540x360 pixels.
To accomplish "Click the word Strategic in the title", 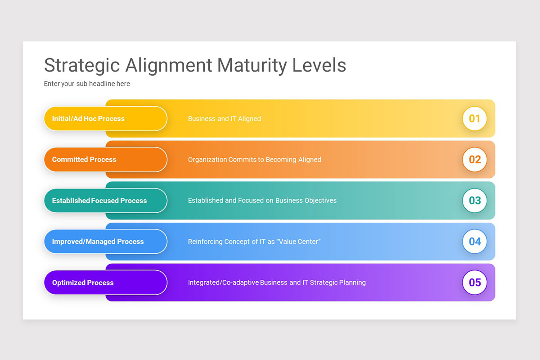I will (x=82, y=66).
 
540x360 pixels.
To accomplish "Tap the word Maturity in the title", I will (x=252, y=66).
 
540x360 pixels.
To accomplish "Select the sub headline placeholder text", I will (x=87, y=84).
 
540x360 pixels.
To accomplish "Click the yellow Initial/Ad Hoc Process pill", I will (x=105, y=119).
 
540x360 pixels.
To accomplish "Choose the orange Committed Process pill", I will (x=105, y=160).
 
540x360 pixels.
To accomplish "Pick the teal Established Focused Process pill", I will (x=105, y=201).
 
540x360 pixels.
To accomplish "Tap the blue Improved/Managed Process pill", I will (x=105, y=242).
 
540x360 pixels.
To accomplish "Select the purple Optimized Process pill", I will (x=105, y=283).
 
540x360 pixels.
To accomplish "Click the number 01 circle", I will (x=475, y=119).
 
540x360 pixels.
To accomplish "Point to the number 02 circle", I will (x=475, y=160).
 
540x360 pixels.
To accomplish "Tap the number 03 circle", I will (x=475, y=201).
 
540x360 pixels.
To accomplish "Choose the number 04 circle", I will (x=475, y=242).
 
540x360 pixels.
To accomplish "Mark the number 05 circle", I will (x=475, y=283).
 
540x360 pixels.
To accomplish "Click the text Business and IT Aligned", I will (x=225, y=119).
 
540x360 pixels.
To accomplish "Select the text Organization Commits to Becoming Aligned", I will (x=255, y=160).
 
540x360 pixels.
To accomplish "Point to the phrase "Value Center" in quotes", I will (x=299, y=242).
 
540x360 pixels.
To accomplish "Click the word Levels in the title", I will (x=319, y=66).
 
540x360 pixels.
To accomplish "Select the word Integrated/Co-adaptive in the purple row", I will (x=223, y=283).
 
